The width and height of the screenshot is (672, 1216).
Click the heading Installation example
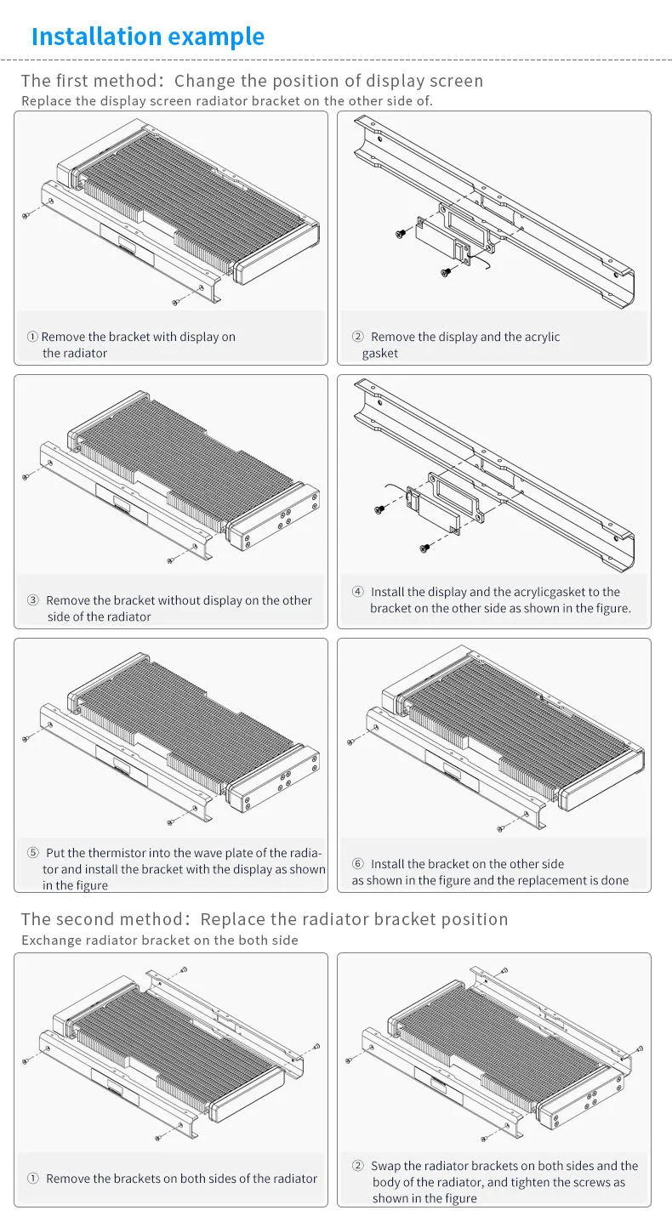point(147,37)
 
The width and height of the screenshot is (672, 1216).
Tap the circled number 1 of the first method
point(32,337)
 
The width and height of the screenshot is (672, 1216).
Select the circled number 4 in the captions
point(358,592)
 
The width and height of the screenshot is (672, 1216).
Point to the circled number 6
point(358,864)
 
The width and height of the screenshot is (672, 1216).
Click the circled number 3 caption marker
point(33,600)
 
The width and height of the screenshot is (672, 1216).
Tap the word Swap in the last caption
point(384,1166)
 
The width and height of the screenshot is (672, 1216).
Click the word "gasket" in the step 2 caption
point(379,353)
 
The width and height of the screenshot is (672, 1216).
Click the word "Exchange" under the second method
point(48,940)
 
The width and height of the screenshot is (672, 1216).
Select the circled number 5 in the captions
point(33,853)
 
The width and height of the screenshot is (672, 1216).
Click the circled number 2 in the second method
point(358,1166)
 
